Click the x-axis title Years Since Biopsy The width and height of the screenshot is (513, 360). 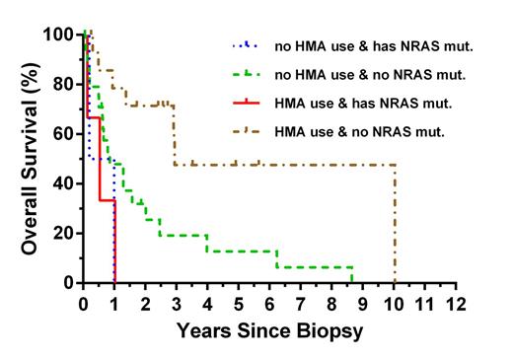[269, 331]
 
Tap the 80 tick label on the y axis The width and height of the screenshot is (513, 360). [61, 84]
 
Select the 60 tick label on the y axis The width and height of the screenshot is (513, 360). [61, 134]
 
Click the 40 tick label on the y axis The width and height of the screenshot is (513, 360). [61, 183]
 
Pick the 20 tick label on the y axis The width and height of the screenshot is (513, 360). [61, 233]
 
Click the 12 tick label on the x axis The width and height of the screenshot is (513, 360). [455, 303]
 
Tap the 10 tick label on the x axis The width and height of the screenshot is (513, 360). [394, 303]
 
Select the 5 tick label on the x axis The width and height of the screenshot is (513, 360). [238, 303]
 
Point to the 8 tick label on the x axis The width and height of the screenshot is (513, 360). [331, 303]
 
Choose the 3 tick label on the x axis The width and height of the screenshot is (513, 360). [176, 303]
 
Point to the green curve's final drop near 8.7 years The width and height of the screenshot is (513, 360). [353, 274]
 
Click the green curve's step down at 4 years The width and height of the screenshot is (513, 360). [206, 243]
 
